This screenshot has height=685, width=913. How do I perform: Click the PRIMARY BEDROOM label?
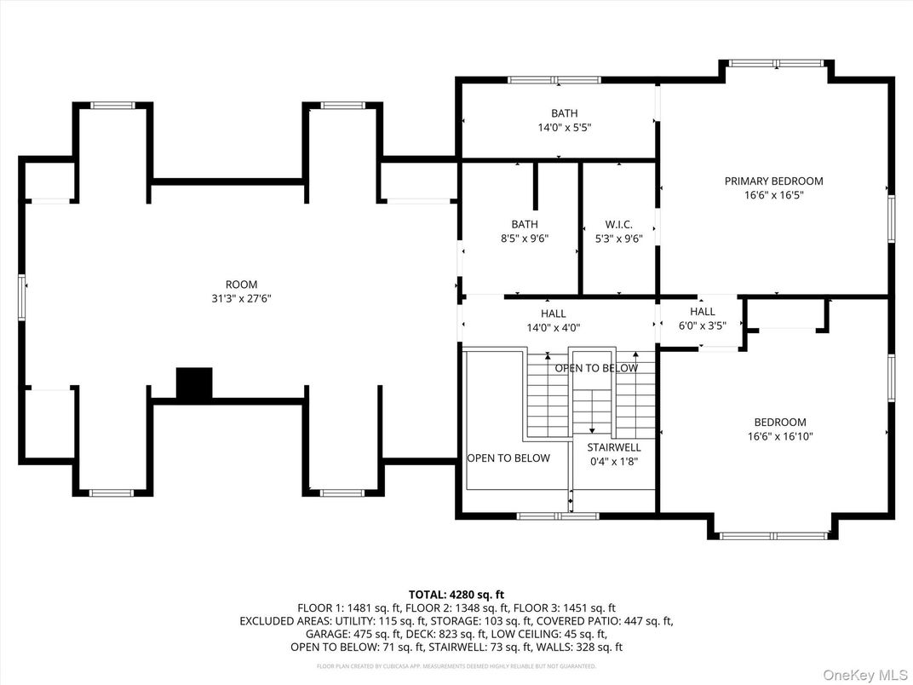[773, 181]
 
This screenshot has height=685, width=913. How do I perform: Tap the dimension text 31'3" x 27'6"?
[241, 298]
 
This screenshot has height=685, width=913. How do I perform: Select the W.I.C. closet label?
[618, 225]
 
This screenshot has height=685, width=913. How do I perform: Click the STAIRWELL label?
[613, 447]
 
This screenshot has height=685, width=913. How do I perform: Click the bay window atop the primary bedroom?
[776, 63]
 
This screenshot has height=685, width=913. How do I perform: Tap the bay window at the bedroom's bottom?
[773, 536]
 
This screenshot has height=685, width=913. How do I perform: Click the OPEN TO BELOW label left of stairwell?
[508, 458]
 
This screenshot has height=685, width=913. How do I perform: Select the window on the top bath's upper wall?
[553, 80]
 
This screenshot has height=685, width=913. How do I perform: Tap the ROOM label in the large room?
[241, 285]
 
